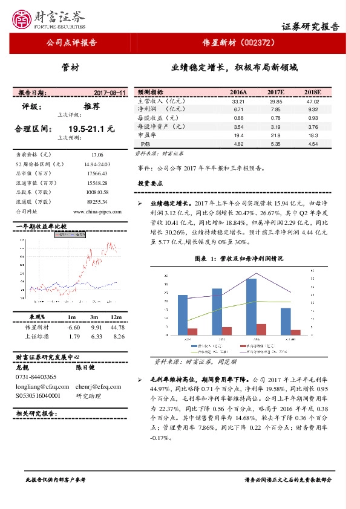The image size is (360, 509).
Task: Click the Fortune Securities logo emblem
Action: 23,19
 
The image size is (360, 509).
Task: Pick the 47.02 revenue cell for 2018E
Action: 312,102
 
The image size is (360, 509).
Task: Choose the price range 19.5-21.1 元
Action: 91,129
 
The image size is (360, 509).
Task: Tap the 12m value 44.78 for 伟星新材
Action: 118,327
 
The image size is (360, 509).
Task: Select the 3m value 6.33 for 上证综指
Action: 95,336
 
